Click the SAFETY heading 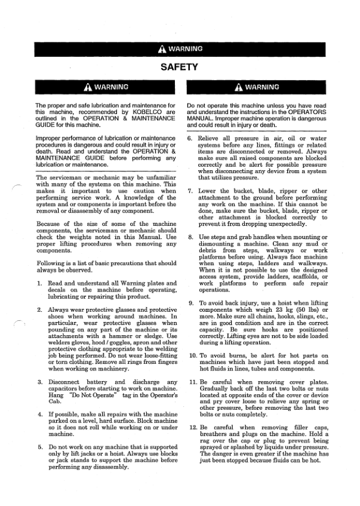(x=179, y=66)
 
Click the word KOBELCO (x=152, y=111)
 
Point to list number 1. (x=39, y=283)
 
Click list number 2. (x=39, y=310)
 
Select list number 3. (x=39, y=382)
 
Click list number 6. (x=190, y=138)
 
